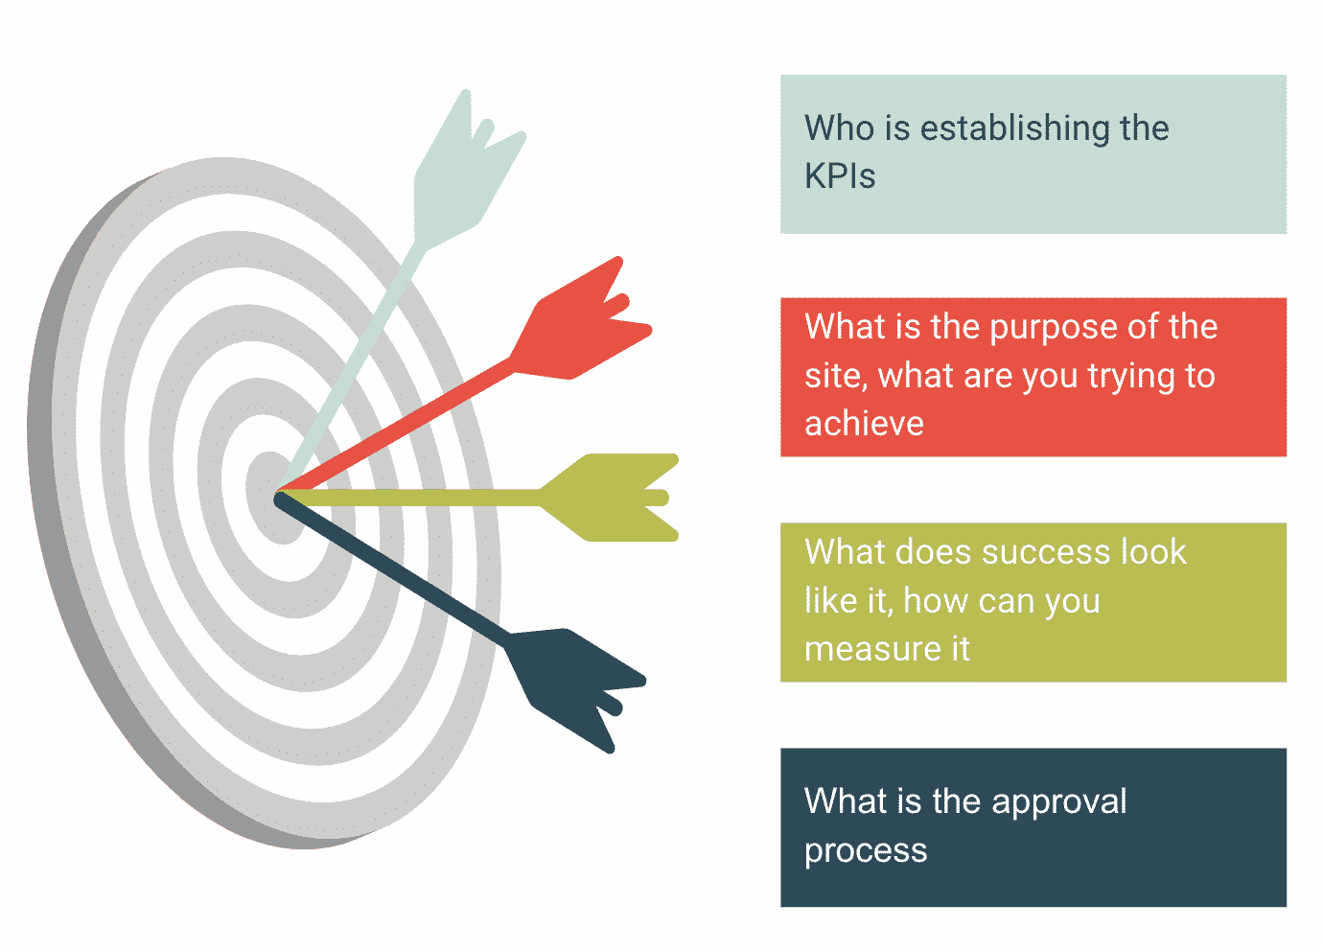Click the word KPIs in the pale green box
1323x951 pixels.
[x=839, y=175]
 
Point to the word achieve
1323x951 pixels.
[x=864, y=424]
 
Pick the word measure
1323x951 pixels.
[x=872, y=650]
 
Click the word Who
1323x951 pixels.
[x=839, y=128]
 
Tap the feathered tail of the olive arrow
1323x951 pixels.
[x=609, y=498]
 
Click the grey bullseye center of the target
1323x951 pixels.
[x=274, y=498]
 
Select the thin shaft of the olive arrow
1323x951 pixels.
[x=408, y=498]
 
